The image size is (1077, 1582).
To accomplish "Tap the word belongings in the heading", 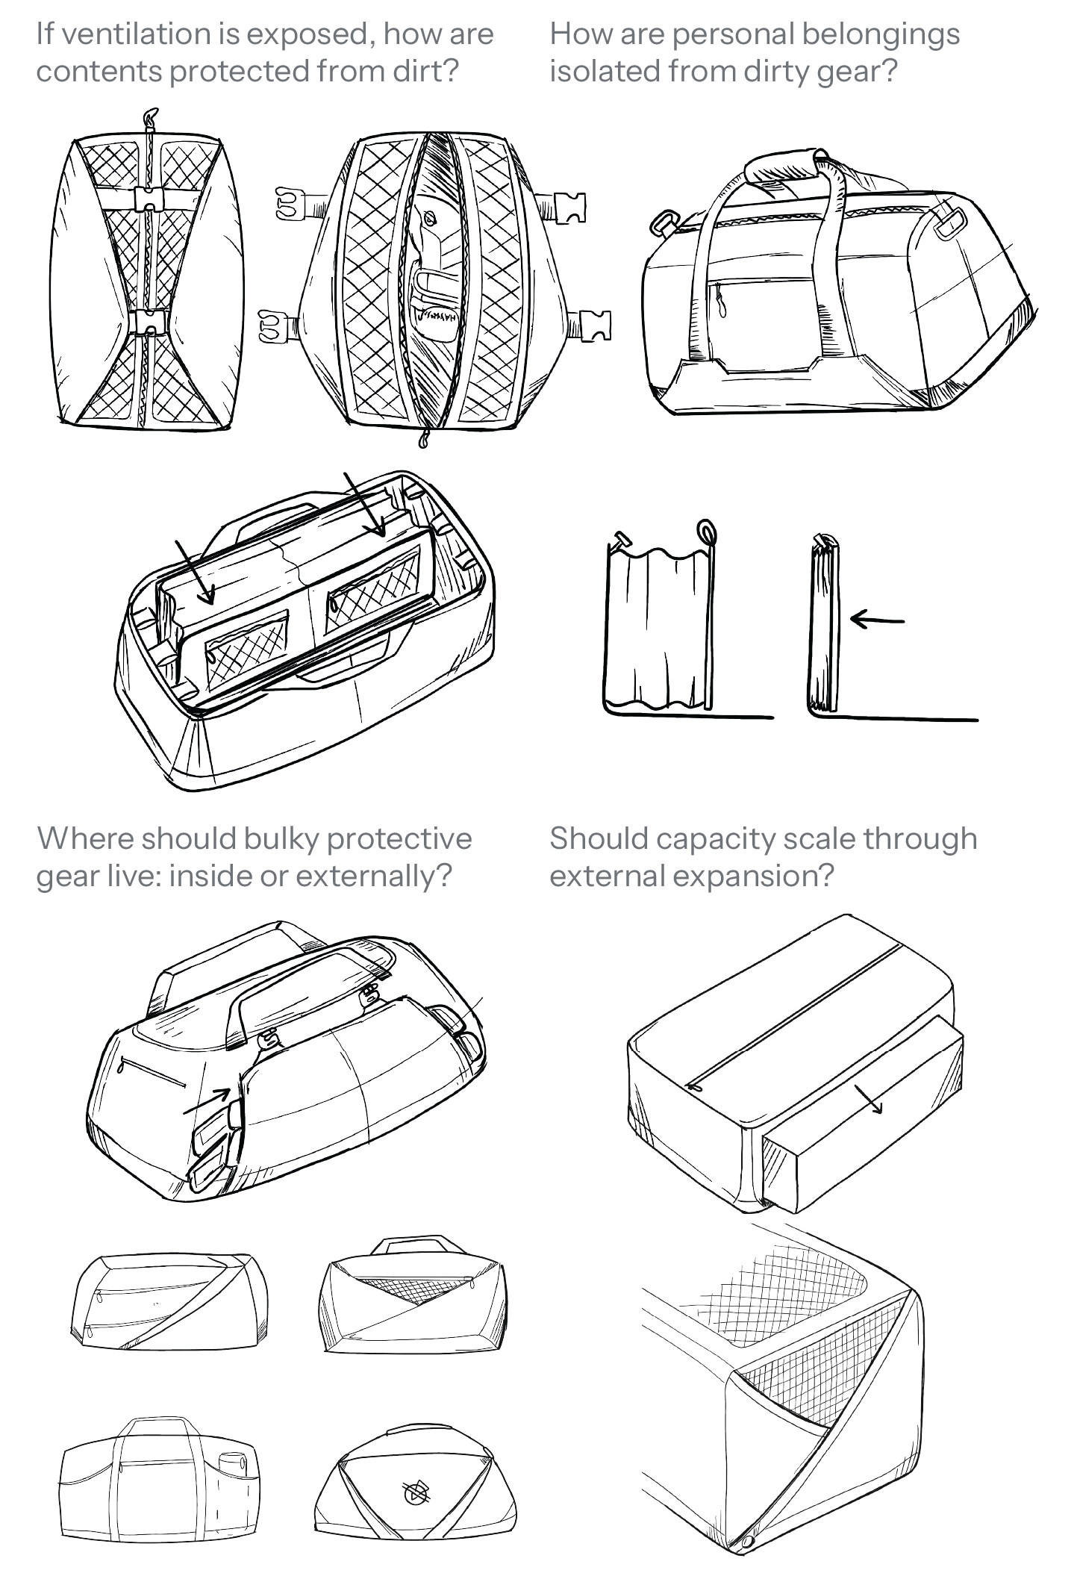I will tap(880, 34).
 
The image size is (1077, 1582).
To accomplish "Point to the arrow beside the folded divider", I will tap(876, 619).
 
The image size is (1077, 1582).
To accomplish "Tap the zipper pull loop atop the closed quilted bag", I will tap(152, 117).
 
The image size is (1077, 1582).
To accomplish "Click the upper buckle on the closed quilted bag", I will tap(149, 199).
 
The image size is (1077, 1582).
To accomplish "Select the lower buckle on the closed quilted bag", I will tap(149, 321).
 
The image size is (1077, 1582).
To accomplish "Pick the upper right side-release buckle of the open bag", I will tap(571, 207).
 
